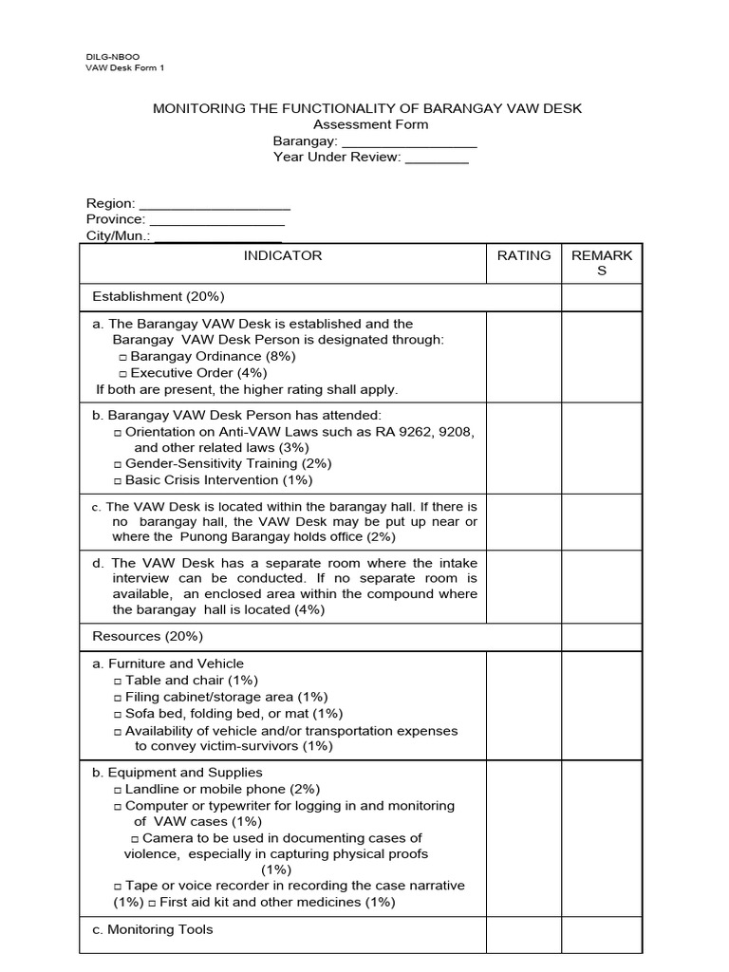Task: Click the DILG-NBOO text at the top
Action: click(112, 57)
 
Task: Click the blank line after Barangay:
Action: click(408, 141)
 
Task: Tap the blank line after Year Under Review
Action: click(437, 158)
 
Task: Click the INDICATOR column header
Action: click(283, 255)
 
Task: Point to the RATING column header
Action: click(524, 255)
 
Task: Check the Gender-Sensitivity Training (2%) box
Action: click(118, 465)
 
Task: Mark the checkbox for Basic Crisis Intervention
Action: click(118, 481)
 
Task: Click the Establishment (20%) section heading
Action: click(157, 297)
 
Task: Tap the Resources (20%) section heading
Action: click(147, 636)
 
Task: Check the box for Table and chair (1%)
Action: click(118, 682)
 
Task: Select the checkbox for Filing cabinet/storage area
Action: click(118, 698)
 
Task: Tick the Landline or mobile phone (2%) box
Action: click(118, 790)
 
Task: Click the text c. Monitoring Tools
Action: click(153, 930)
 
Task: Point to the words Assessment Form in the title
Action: click(370, 124)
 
